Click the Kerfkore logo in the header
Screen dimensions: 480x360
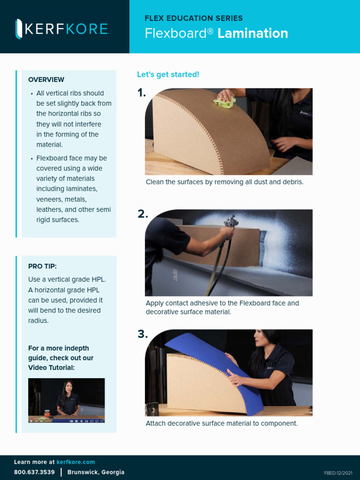pyautogui.click(x=62, y=29)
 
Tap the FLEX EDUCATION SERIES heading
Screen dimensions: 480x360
pyautogui.click(x=194, y=18)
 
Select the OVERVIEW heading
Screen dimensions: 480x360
pyautogui.click(x=46, y=80)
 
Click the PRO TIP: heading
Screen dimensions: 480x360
pyautogui.click(x=42, y=266)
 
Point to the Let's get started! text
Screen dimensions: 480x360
pyautogui.click(x=168, y=75)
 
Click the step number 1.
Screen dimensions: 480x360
pyautogui.click(x=142, y=93)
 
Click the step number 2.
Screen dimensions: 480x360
pyautogui.click(x=142, y=214)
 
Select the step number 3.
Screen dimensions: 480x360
pyautogui.click(x=142, y=335)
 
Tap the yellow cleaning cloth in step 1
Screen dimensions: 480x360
pyautogui.click(x=224, y=102)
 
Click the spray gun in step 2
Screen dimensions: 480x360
pyautogui.click(x=231, y=222)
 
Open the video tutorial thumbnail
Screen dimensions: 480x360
pyautogui.click(x=67, y=400)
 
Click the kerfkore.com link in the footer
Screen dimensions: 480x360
pyautogui.click(x=75, y=462)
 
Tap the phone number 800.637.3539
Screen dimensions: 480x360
pyautogui.click(x=34, y=472)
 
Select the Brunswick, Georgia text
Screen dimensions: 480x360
pyautogui.click(x=96, y=472)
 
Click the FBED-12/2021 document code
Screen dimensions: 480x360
pyautogui.click(x=338, y=473)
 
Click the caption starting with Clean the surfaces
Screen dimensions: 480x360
pyautogui.click(x=225, y=182)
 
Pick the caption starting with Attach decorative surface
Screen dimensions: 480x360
pyautogui.click(x=221, y=423)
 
